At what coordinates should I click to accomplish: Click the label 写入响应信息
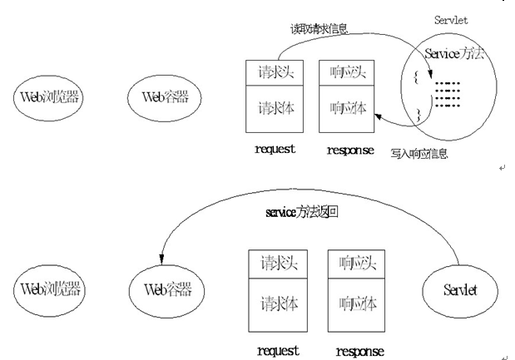(x=421, y=153)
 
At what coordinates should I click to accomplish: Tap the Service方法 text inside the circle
(x=453, y=54)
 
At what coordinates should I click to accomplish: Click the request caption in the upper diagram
(x=270, y=150)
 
